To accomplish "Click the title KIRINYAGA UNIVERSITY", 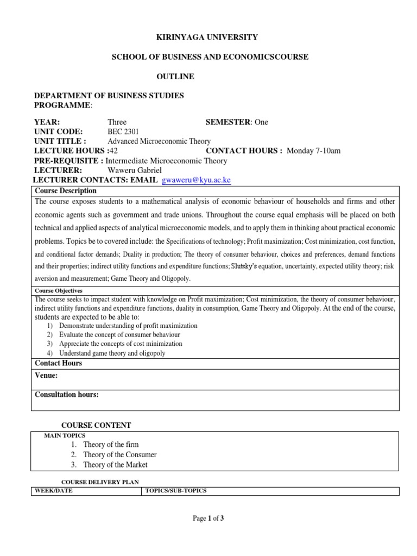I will [x=199, y=37].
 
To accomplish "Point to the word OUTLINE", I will [x=175, y=77].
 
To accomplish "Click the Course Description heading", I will [x=66, y=191].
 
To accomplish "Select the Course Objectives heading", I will [x=59, y=290].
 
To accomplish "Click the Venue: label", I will [x=46, y=375].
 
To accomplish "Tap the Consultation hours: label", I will [x=67, y=395].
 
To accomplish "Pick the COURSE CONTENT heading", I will [x=96, y=425].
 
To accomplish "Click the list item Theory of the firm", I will [x=111, y=445].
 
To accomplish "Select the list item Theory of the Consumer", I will [x=120, y=455].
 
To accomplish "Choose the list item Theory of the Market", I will [x=115, y=465].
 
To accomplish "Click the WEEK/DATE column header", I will [x=54, y=491].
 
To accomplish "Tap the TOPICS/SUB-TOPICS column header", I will [x=175, y=491].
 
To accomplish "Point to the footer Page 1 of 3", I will [x=208, y=519].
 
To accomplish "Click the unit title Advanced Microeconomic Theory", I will [x=159, y=141].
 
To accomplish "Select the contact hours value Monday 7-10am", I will [x=314, y=151].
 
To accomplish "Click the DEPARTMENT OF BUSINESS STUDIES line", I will [x=109, y=96].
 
